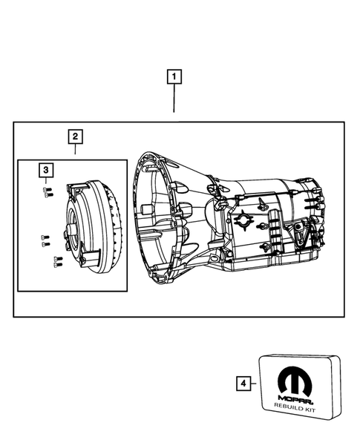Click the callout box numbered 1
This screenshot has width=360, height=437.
[174, 76]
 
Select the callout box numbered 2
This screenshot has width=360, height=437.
[76, 137]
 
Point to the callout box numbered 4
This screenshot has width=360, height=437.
[241, 383]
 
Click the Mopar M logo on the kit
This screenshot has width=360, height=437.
[295, 386]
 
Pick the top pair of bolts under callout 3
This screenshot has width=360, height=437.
[47, 191]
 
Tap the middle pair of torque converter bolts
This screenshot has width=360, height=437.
[45, 240]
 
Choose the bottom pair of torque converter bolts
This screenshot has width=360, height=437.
[56, 260]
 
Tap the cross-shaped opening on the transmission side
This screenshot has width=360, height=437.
[243, 220]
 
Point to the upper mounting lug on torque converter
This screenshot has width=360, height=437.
[73, 186]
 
